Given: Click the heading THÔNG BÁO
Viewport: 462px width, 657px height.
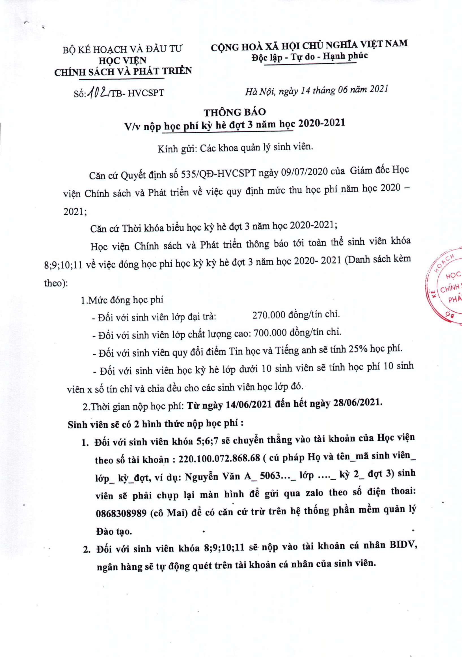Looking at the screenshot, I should [x=235, y=112].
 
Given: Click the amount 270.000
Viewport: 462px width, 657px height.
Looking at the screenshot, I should [x=269, y=315].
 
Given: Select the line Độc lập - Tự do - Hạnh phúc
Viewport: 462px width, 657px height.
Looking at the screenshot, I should [x=309, y=56].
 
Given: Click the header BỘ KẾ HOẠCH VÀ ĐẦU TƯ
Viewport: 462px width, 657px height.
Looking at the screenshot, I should [x=122, y=49].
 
